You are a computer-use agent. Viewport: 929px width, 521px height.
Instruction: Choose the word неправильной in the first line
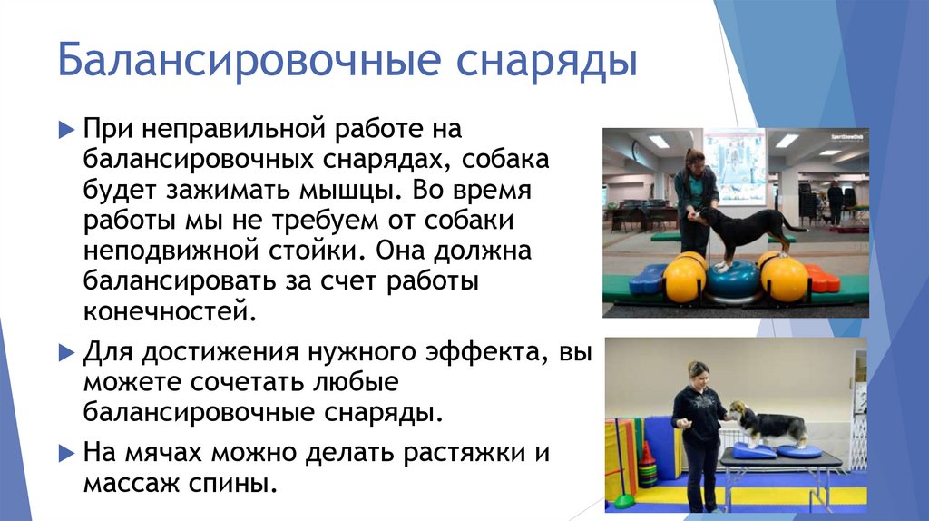[x=215, y=132]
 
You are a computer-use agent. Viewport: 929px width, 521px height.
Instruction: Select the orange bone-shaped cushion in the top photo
[x=822, y=279]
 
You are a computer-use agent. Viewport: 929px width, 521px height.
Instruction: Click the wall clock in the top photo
[x=637, y=150]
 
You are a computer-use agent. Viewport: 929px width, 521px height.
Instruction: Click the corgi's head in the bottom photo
[x=736, y=411]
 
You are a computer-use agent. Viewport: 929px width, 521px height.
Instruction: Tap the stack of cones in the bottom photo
[x=647, y=467]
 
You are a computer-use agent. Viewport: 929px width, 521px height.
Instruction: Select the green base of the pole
[x=623, y=500]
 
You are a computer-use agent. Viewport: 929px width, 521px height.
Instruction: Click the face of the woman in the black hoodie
[x=698, y=375]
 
